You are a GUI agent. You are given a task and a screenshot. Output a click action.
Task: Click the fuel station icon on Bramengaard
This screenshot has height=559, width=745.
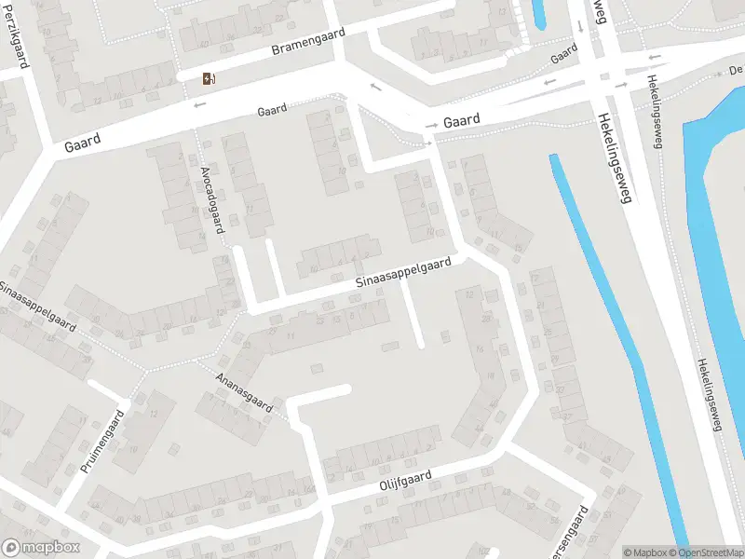[209, 79]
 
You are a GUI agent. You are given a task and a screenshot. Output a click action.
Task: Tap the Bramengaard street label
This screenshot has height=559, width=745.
[307, 41]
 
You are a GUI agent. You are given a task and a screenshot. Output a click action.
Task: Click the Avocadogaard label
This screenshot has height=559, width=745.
[213, 198]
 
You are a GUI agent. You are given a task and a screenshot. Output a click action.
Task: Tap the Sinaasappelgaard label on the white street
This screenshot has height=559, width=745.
[403, 272]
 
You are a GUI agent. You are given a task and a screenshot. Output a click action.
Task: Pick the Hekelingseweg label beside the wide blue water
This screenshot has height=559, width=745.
[709, 395]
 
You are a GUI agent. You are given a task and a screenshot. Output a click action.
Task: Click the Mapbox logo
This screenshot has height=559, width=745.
[41, 548]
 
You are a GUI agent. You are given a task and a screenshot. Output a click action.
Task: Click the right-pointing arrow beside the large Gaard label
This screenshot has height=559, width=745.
[431, 125]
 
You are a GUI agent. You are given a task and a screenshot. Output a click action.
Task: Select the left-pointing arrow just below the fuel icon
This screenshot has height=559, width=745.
[198, 104]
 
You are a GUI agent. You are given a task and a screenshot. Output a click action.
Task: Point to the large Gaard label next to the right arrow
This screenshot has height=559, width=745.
[462, 121]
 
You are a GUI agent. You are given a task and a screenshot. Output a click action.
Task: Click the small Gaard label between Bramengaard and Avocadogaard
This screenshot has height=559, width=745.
[271, 110]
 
